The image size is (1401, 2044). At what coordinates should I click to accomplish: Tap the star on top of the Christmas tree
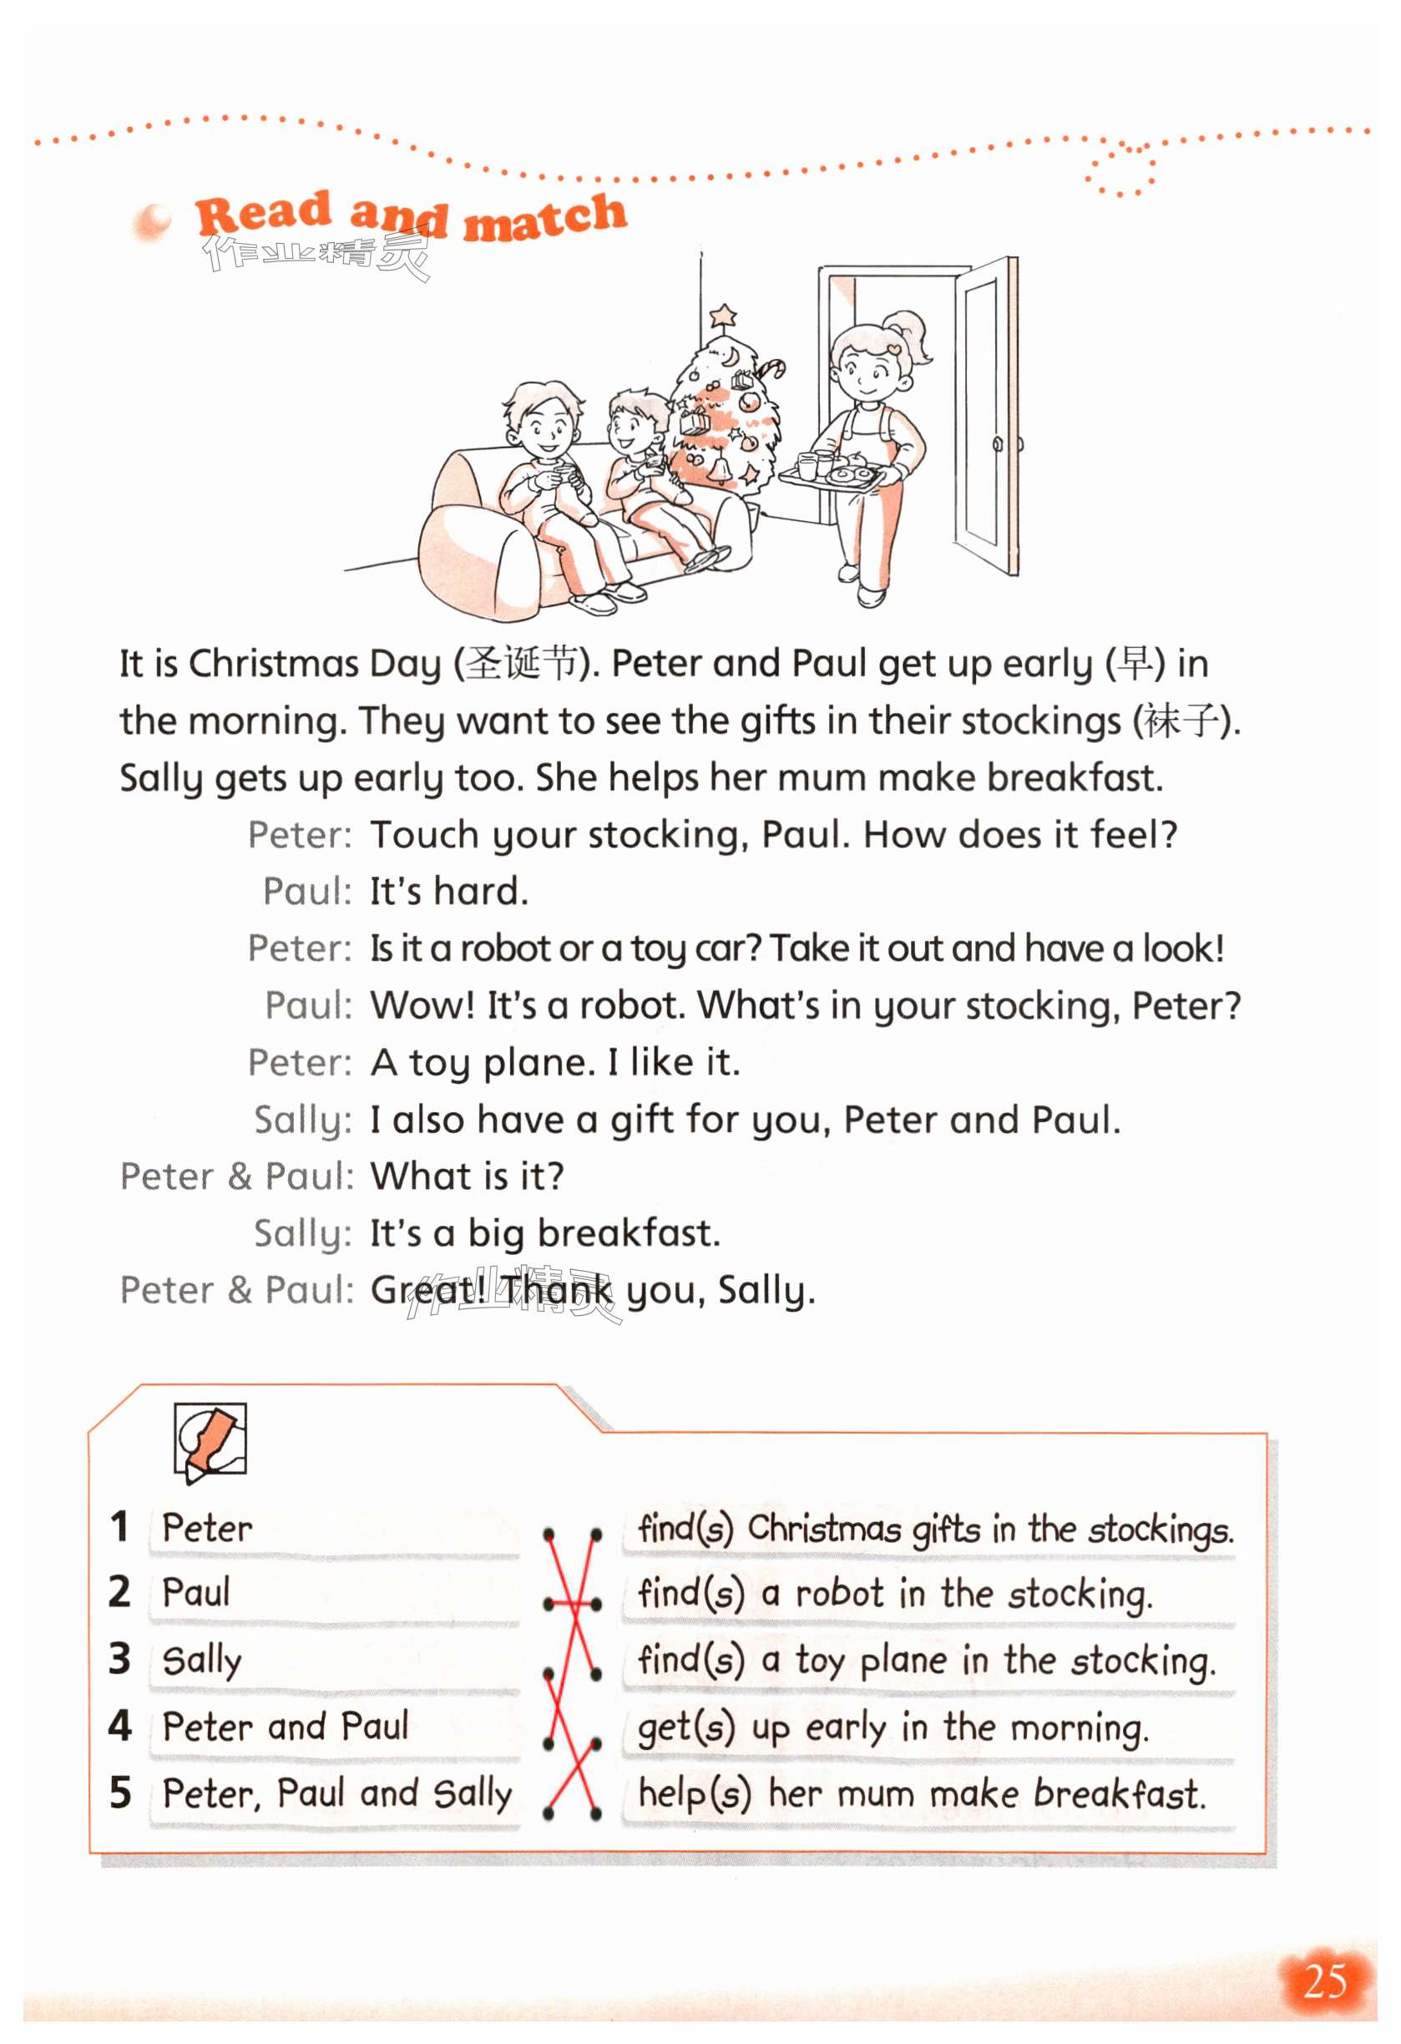(x=723, y=314)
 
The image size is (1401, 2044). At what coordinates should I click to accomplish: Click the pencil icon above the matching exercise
(x=210, y=1439)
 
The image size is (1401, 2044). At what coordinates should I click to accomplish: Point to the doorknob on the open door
(x=998, y=443)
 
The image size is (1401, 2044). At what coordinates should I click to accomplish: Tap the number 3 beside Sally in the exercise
(x=119, y=1658)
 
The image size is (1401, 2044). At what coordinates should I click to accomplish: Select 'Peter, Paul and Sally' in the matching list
(x=336, y=1794)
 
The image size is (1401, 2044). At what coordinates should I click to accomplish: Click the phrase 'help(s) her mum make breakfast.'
(x=921, y=1794)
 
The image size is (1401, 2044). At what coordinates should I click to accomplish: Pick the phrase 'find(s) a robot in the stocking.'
(x=894, y=1593)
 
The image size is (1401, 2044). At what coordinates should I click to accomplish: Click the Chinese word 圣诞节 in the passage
(x=523, y=663)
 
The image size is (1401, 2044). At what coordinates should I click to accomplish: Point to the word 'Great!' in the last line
(x=428, y=1290)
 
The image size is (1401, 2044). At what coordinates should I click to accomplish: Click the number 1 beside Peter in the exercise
(x=119, y=1526)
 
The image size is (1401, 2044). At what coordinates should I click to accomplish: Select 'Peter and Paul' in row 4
(x=286, y=1726)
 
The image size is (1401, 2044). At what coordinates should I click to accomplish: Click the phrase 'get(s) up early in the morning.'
(x=893, y=1728)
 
